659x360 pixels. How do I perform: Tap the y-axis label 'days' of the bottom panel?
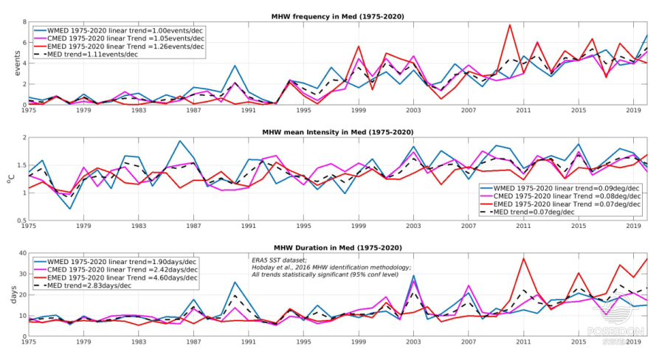(x=11, y=294)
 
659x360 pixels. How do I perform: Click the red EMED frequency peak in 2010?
(x=509, y=25)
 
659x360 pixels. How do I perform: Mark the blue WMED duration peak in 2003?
(x=414, y=276)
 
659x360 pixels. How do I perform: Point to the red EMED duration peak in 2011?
(x=523, y=258)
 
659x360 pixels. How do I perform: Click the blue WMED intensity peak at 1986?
(x=179, y=141)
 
